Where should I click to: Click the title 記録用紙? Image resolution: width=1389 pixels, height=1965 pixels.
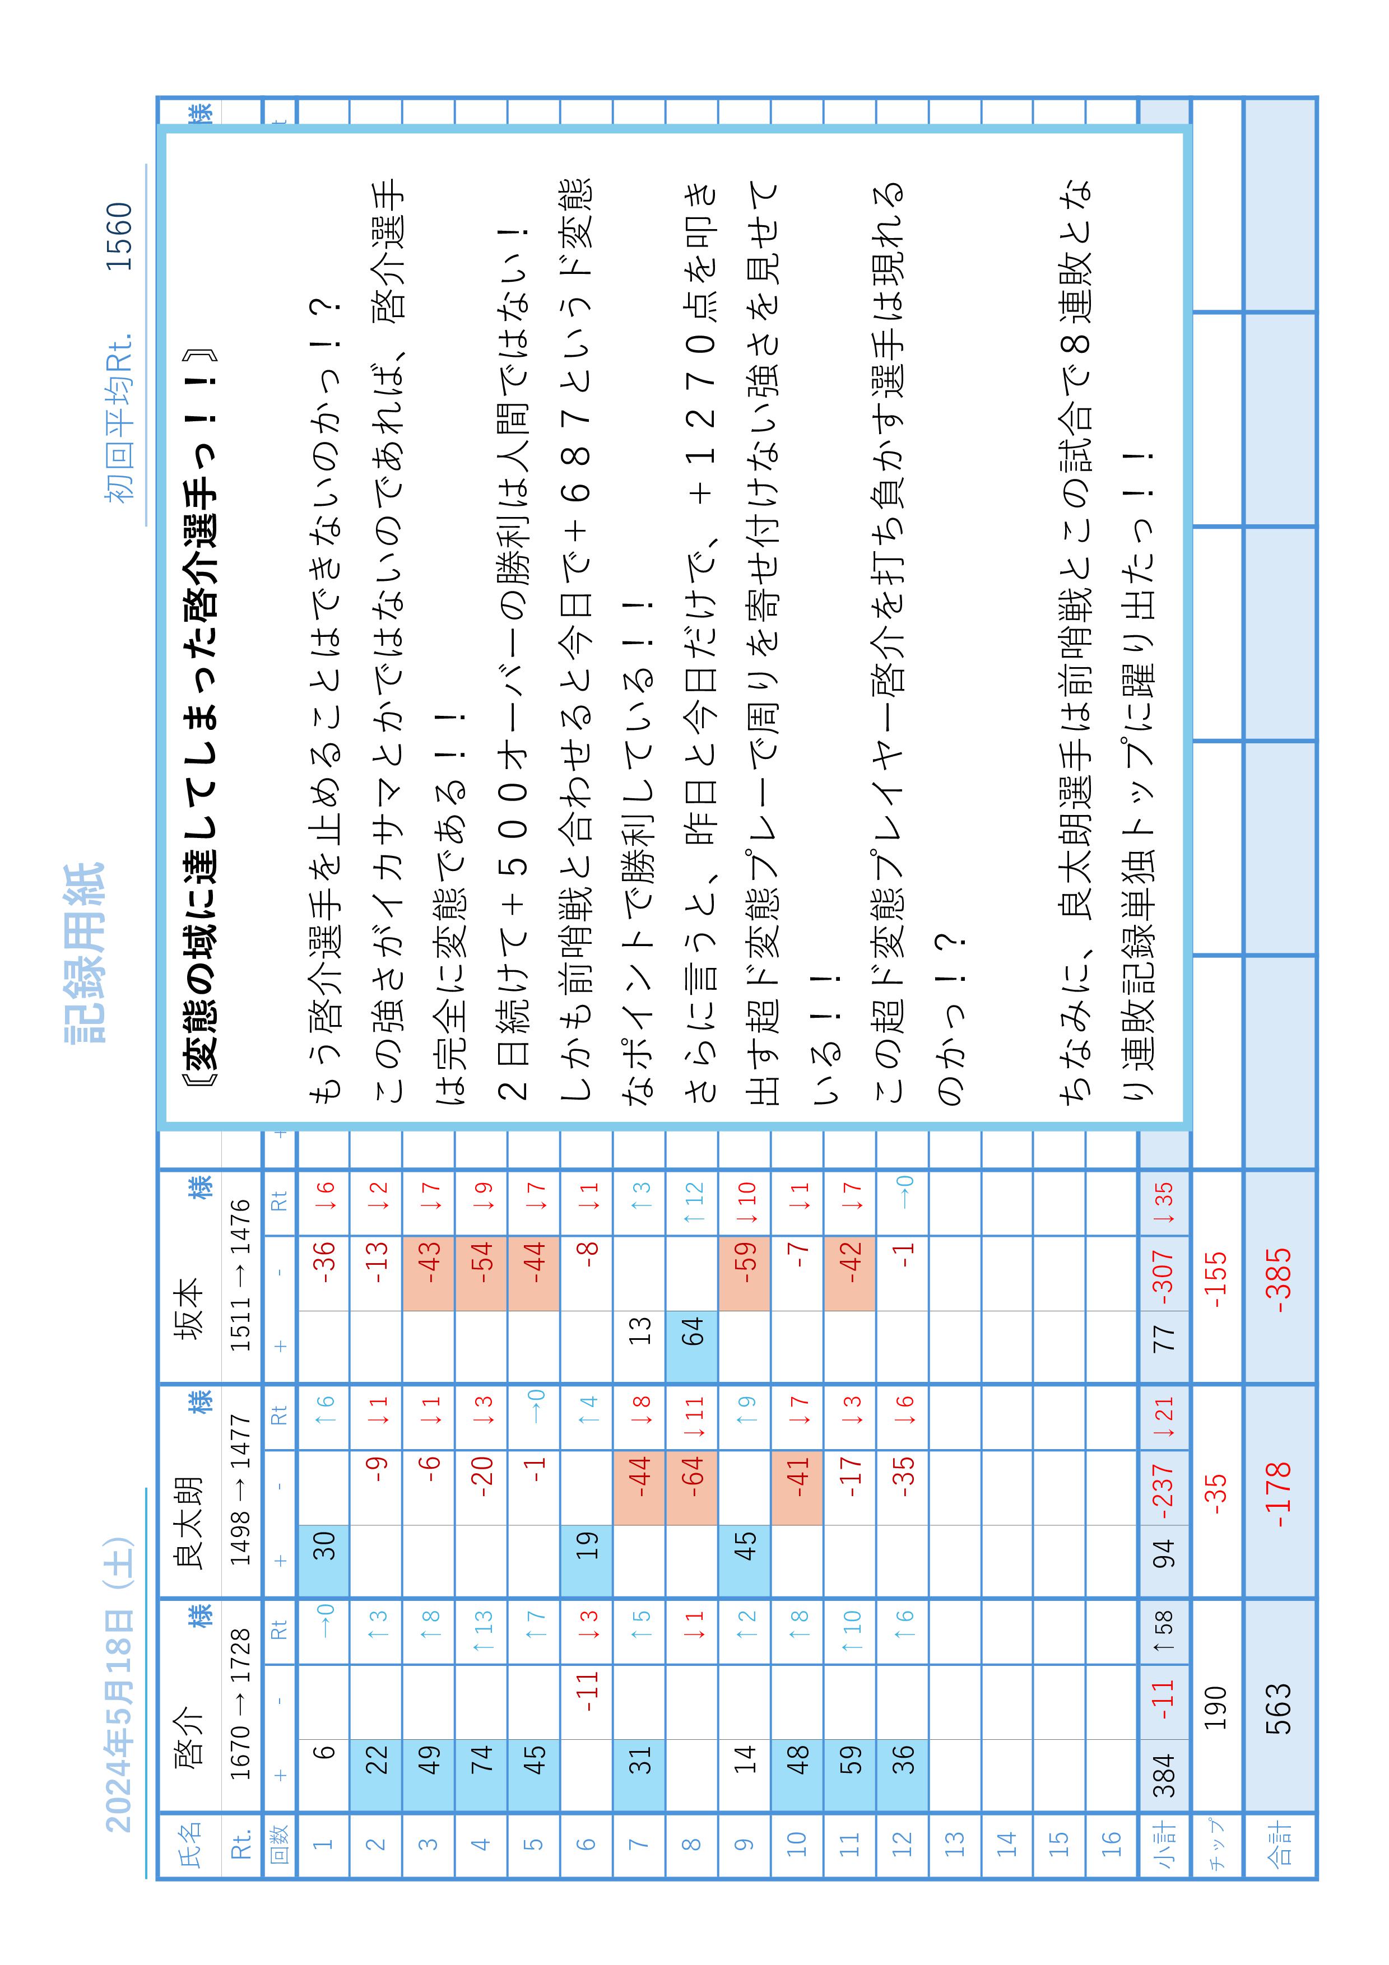click(x=84, y=953)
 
